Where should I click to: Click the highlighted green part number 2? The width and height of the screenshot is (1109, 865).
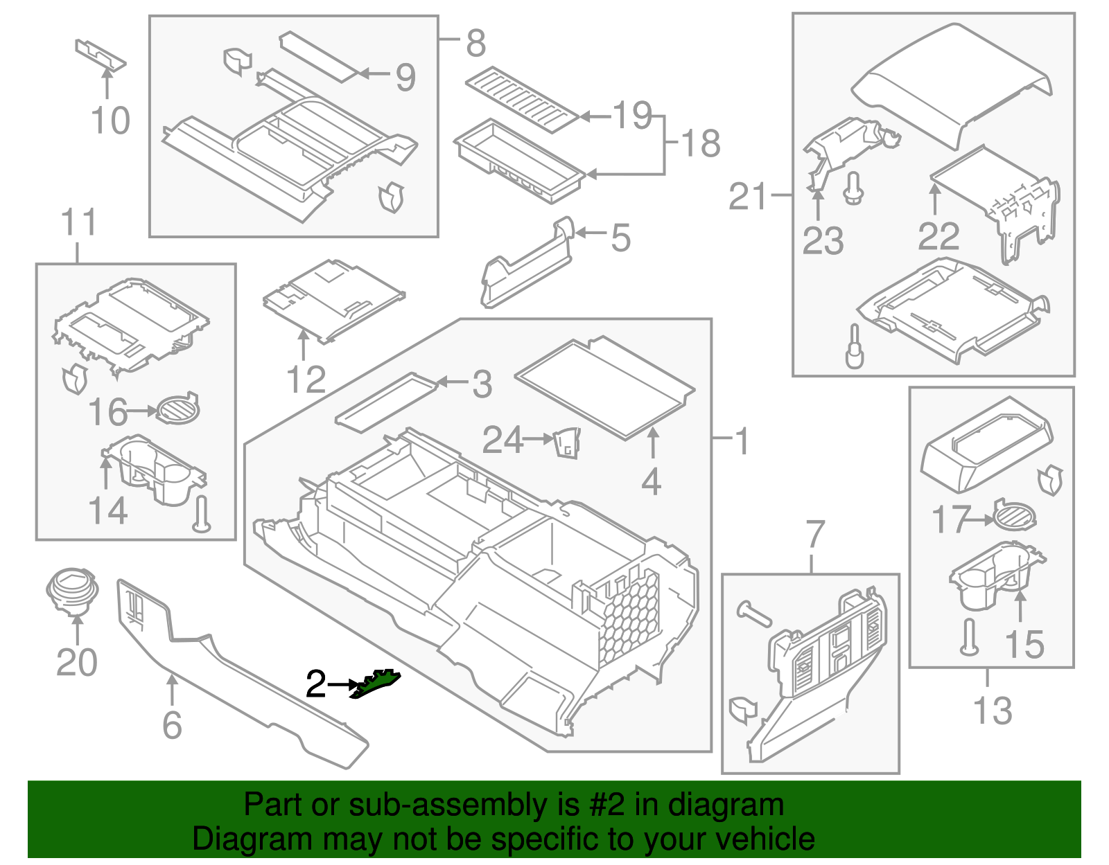coord(376,684)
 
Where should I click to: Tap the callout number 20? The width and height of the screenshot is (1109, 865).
coord(76,663)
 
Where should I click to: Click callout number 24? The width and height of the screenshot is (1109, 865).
coord(502,440)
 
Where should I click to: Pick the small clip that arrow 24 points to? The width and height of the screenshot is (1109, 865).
coord(566,443)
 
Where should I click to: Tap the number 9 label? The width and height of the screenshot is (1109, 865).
coord(405,77)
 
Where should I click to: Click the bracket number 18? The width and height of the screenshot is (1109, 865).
coord(701,144)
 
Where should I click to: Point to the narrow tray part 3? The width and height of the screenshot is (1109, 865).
coord(385,402)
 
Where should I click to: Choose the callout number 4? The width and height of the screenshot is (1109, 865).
coord(651,482)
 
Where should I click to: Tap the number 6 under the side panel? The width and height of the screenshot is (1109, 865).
coord(172,725)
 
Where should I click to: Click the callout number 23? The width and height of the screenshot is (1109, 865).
coord(823,241)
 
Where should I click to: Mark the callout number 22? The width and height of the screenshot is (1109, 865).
coord(938,236)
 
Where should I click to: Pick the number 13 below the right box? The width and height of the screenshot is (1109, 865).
coord(993,711)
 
